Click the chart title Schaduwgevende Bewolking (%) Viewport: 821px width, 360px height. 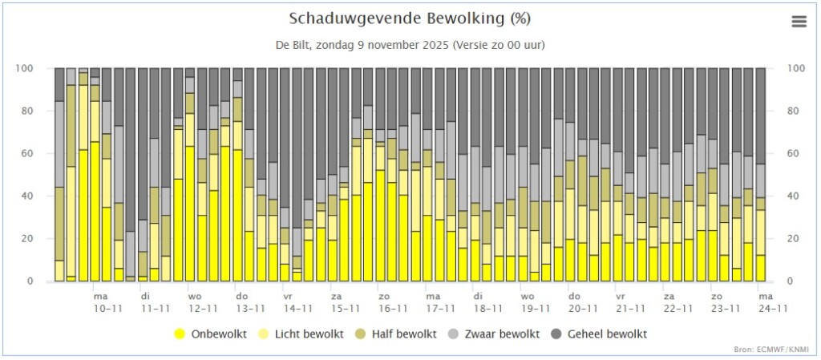coord(410,18)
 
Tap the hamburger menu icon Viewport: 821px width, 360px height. coord(799,22)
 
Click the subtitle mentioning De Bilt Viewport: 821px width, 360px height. coord(410,45)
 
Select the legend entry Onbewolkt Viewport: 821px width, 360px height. coord(211,334)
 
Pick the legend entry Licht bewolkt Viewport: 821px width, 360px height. coord(301,334)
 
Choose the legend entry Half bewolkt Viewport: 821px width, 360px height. coord(396,334)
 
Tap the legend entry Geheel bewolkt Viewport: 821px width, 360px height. coord(600,334)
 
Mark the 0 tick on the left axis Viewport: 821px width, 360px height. coord(45,281)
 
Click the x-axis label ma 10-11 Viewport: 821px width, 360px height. coord(108,302)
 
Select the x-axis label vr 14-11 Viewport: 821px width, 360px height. coord(298,302)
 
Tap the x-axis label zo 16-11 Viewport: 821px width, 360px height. coord(393,302)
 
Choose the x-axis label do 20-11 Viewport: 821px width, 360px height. coord(584,302)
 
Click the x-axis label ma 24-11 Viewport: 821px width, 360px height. coord(773,302)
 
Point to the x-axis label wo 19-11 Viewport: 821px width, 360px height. coord(536,302)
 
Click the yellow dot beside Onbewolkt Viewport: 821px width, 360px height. coord(180,334)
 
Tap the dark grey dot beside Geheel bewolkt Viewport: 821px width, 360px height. coord(559,334)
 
